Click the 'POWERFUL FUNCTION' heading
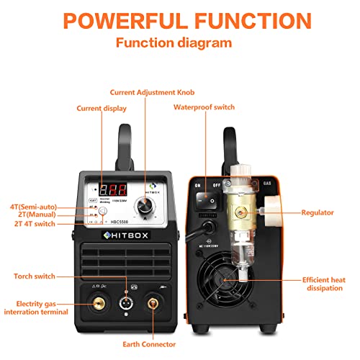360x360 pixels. click(180, 19)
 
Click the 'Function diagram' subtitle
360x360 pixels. click(179, 43)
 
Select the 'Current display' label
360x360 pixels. click(102, 108)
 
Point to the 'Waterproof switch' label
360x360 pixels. click(203, 108)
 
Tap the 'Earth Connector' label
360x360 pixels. click(156, 344)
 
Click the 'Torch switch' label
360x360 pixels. click(35, 276)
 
